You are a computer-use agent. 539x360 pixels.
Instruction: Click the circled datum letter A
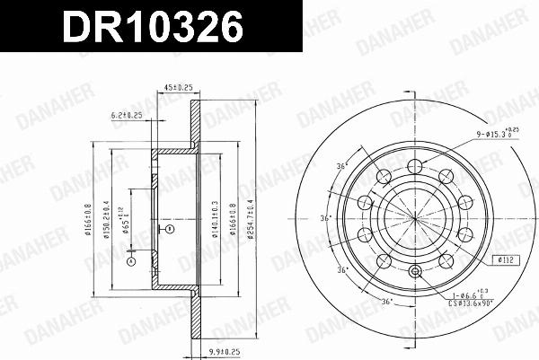pyautogui.click(x=130, y=262)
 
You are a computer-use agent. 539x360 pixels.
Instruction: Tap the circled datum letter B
pyautogui.click(x=167, y=230)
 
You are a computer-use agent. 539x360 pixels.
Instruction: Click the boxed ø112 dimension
pyautogui.click(x=506, y=261)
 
